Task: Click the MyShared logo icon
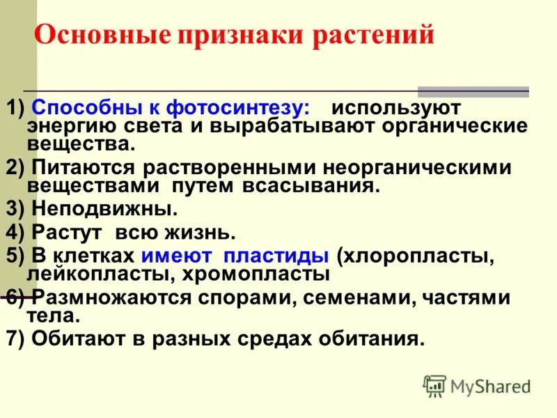434,386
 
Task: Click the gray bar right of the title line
473,92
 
